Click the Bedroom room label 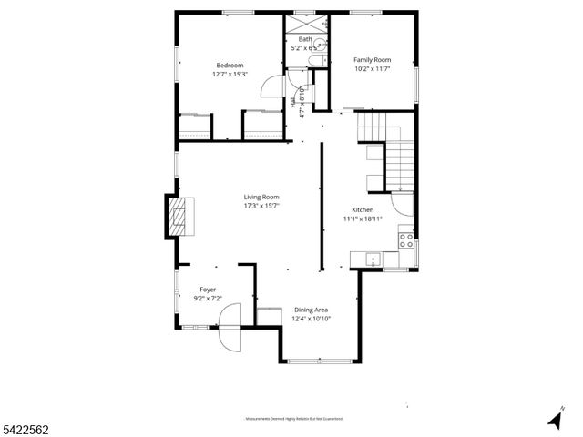coord(230,65)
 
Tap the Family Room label coord(372,60)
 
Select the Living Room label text coord(261,197)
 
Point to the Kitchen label coord(363,210)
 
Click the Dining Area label coord(310,310)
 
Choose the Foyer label coord(209,290)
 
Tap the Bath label coord(304,40)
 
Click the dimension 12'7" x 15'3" coord(230,74)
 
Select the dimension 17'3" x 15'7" coord(261,206)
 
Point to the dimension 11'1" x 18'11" coord(363,218)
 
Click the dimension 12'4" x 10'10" coord(311,319)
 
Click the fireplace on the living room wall coord(177,216)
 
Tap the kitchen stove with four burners coord(407,240)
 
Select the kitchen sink coord(373,260)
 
